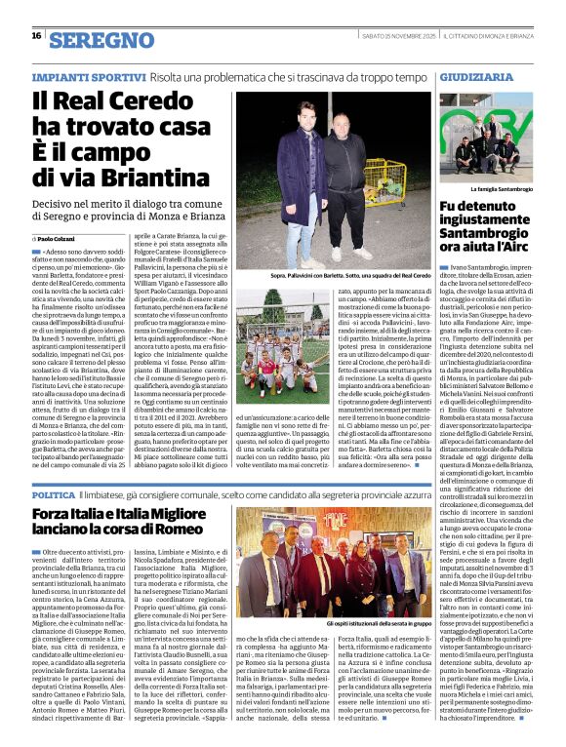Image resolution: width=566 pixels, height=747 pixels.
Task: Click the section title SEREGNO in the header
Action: coord(101,40)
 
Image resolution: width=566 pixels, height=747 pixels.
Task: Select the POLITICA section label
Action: coord(55,494)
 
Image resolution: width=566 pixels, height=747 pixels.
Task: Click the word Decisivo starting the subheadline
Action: coord(57,201)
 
